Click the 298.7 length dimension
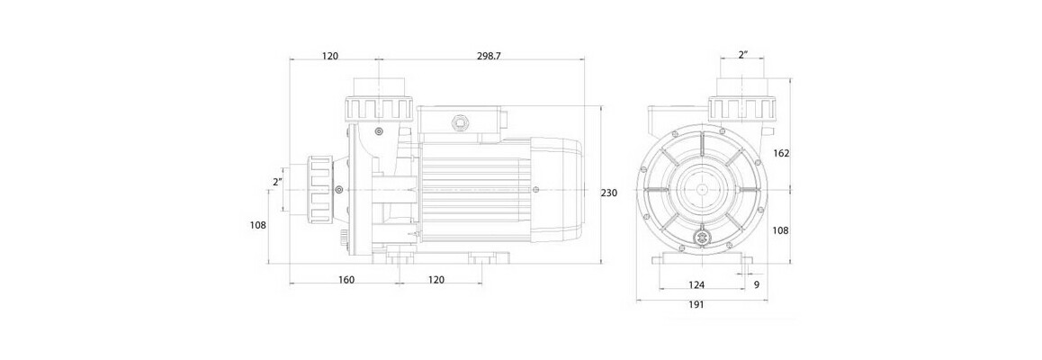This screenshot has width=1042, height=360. point(488,56)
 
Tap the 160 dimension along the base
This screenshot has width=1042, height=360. point(346,280)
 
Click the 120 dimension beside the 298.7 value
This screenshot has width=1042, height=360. point(329,56)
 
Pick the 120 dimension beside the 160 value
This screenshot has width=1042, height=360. point(436,280)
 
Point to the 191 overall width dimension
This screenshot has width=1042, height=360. point(696,304)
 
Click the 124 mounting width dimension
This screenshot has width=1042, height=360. point(696,284)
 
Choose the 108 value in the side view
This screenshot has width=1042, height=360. point(258,225)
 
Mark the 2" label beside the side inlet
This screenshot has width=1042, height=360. point(278,182)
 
